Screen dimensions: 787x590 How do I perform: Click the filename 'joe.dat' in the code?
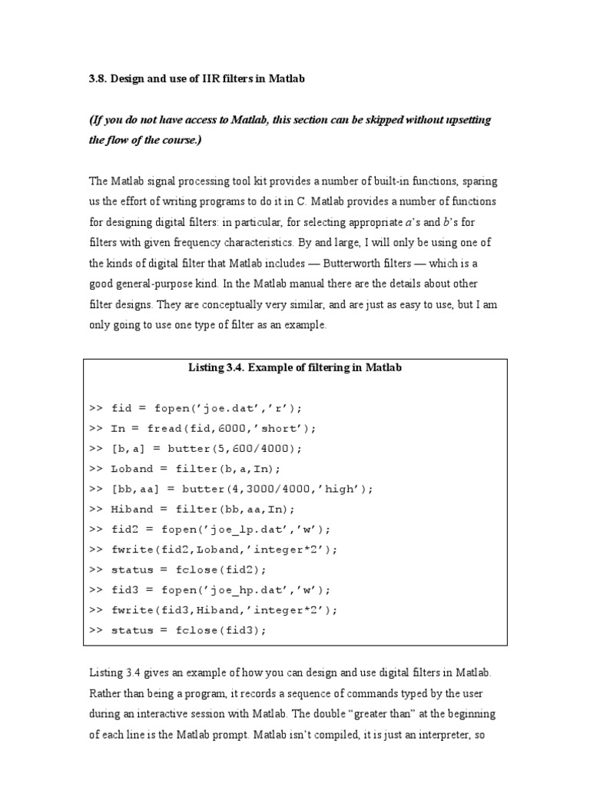point(206,408)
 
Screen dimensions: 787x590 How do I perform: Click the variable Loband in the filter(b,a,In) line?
point(132,469)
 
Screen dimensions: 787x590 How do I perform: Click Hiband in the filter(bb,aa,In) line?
point(132,509)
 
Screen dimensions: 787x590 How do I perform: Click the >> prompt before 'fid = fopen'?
point(96,408)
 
